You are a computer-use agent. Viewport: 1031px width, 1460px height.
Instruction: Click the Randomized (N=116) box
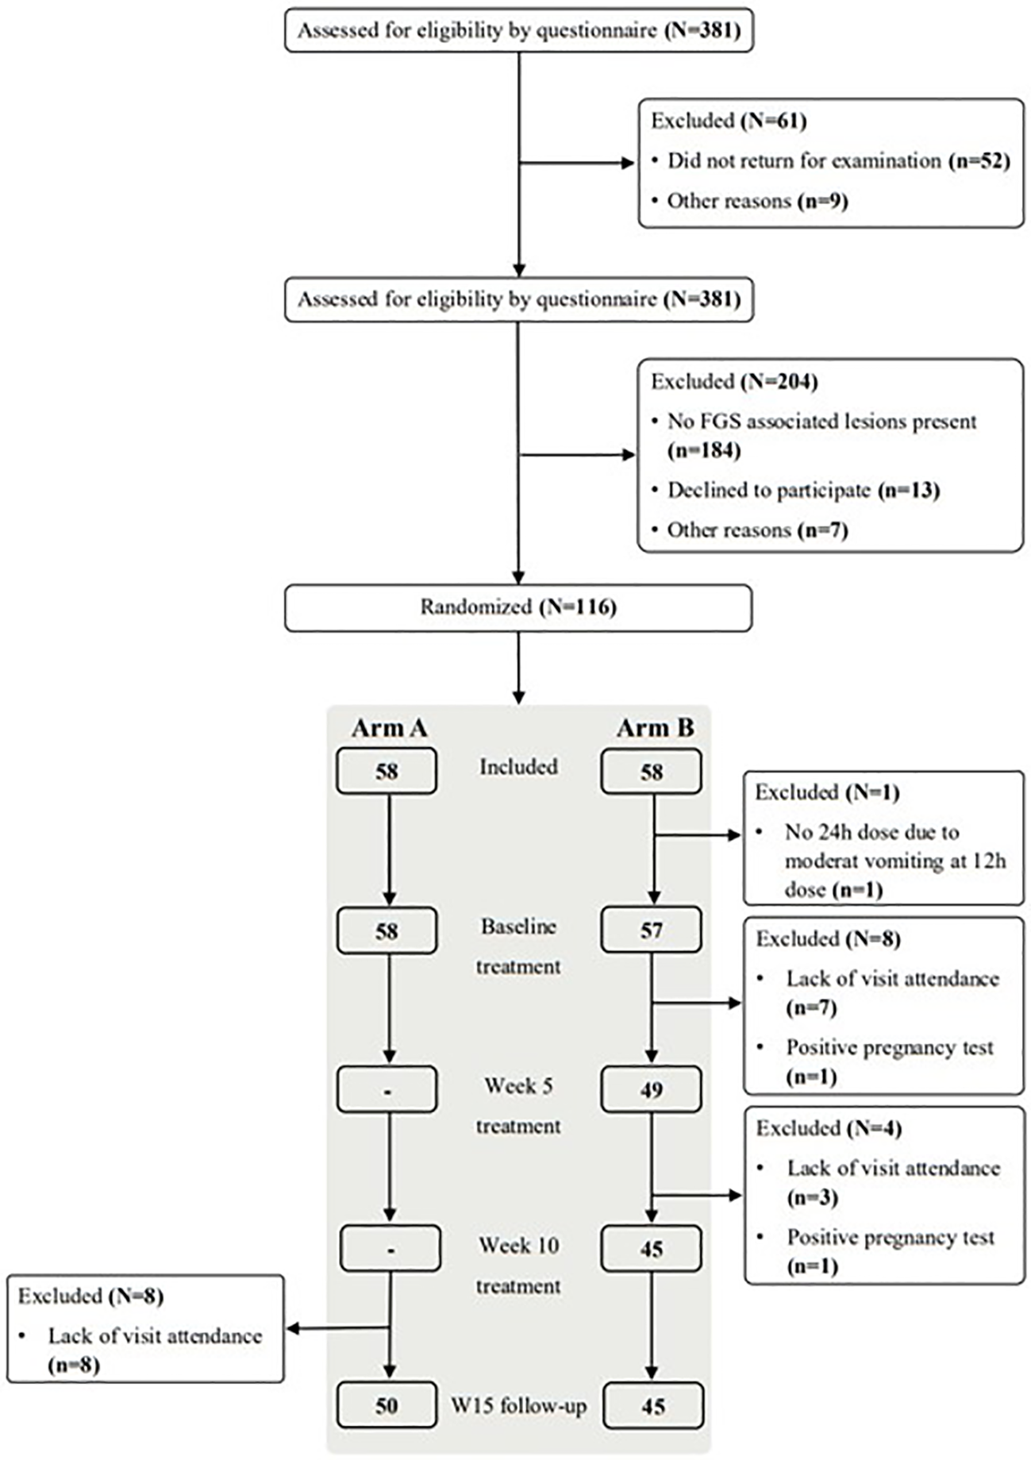517,607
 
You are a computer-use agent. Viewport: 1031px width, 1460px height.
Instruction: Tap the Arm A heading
389,727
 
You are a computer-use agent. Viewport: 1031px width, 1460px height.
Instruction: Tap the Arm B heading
655,727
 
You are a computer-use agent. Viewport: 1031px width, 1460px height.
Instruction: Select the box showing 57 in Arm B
651,930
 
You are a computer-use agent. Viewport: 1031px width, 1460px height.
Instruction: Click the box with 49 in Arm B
651,1089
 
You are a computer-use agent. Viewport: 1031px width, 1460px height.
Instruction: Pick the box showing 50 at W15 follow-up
387,1406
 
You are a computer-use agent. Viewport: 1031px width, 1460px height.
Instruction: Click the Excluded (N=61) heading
728,121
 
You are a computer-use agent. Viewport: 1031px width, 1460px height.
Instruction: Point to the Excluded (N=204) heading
733,381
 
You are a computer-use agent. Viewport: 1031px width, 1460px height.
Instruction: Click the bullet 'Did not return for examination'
803,161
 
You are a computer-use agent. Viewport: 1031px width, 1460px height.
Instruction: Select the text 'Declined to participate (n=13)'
802,490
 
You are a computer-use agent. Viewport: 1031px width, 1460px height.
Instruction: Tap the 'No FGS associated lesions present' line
821,422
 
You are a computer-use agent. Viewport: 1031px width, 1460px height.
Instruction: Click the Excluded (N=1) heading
826,792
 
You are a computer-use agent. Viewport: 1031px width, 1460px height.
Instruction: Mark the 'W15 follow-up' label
518,1406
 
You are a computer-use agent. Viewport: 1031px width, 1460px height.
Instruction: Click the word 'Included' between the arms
518,766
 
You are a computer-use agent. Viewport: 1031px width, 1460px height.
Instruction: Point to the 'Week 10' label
518,1245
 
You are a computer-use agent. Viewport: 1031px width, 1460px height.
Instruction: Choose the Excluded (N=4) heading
828,1128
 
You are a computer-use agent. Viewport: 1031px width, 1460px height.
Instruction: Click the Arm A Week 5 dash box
387,1090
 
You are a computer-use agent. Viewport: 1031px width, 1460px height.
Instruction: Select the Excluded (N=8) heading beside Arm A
90,1296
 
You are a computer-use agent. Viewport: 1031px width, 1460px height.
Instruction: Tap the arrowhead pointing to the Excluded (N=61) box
629,164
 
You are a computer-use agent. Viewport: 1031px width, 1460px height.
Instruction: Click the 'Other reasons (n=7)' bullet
756,530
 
